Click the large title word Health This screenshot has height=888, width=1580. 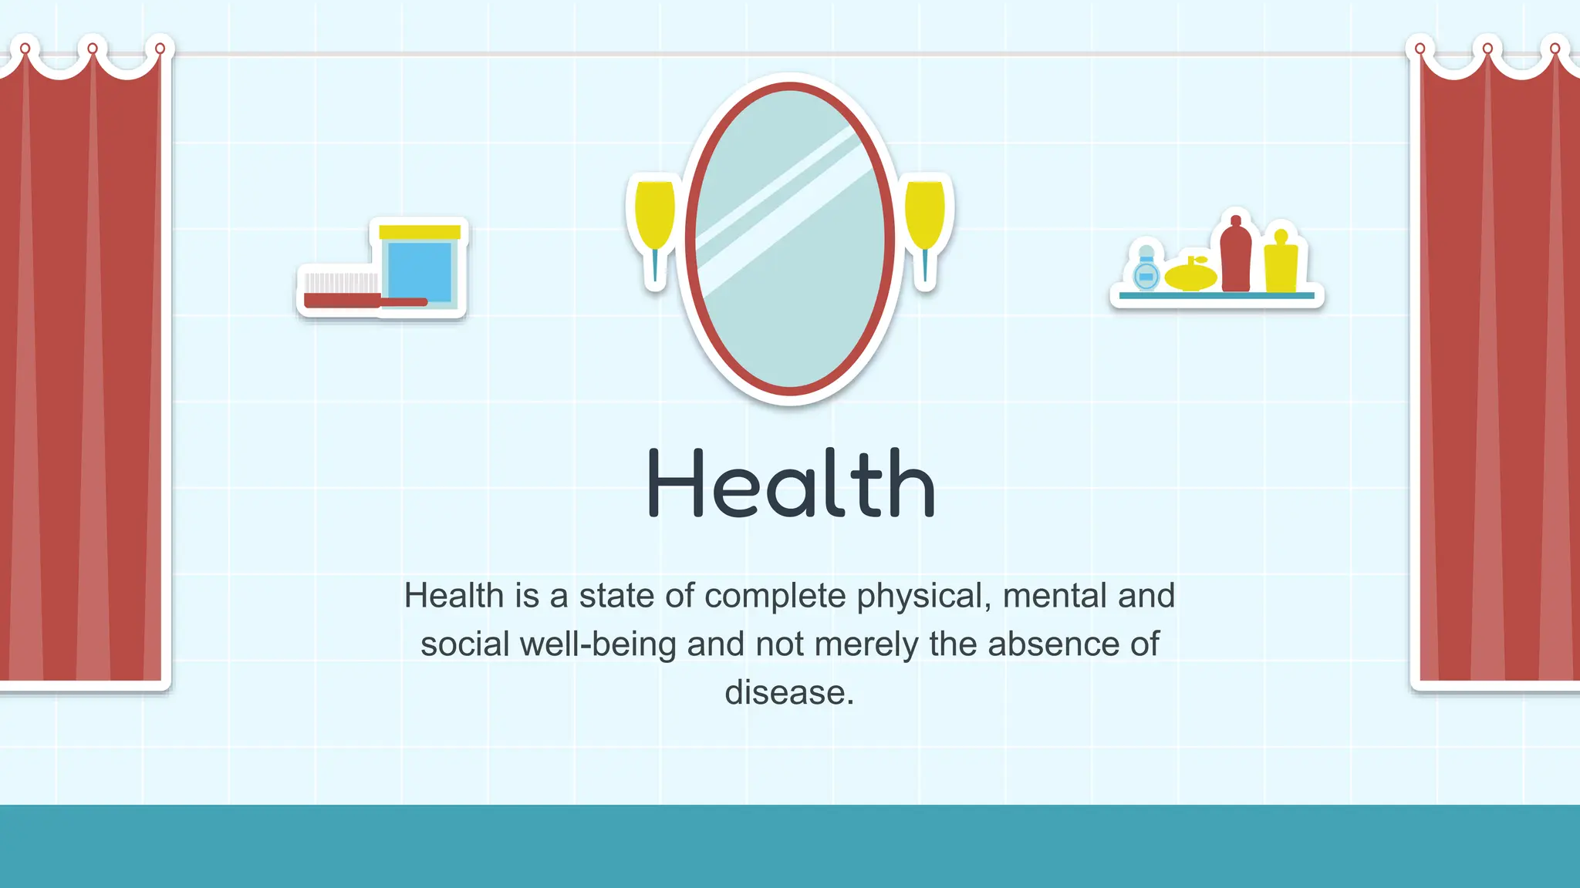tap(790, 484)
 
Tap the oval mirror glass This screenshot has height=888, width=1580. tap(789, 239)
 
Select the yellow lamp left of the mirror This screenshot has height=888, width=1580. tap(654, 216)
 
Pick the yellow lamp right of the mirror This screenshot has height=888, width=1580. tap(925, 216)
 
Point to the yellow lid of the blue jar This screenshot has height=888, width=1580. tap(420, 232)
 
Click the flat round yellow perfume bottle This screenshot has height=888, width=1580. tap(1190, 276)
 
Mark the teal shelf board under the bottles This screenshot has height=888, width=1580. tap(1217, 295)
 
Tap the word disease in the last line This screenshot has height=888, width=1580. tap(788, 692)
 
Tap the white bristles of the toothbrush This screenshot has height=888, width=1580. tap(342, 283)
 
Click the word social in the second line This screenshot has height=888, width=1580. tap(464, 644)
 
